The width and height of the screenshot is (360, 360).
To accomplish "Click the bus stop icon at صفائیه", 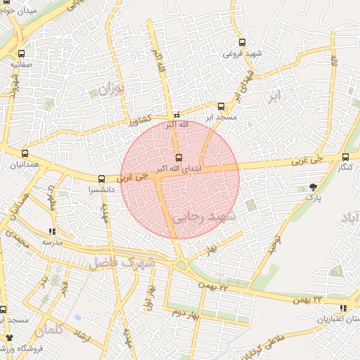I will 21,53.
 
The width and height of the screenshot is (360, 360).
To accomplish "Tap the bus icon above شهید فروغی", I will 243,42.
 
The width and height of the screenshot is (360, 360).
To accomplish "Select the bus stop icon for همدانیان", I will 25,153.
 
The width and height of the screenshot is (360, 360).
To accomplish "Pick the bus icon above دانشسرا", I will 102,179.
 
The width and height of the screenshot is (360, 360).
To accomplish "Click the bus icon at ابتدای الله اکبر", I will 178,157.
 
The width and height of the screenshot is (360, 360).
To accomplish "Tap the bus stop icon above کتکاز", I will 345,157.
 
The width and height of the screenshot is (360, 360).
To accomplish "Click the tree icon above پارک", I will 312,187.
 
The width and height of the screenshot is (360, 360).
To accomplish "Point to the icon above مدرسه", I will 52,231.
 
